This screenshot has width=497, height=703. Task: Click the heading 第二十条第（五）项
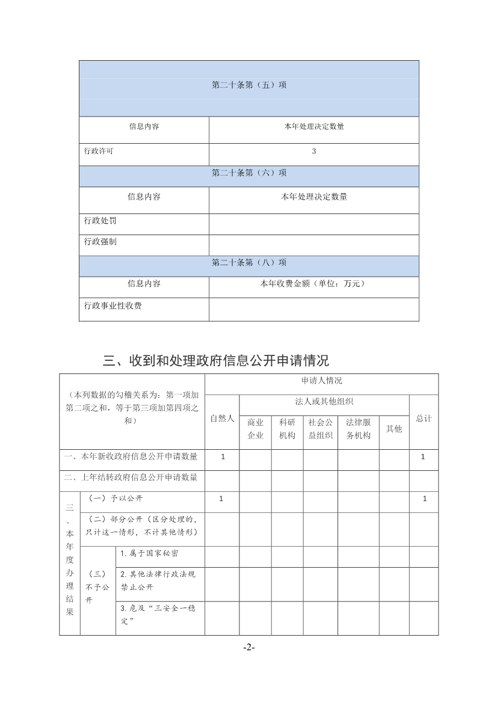(x=248, y=85)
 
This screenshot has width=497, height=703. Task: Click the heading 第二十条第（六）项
(x=248, y=173)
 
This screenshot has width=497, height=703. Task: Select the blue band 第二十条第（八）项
(x=248, y=263)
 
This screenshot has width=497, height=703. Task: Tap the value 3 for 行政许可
(x=313, y=152)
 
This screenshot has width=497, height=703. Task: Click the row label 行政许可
(x=99, y=152)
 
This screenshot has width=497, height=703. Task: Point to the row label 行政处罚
(x=100, y=221)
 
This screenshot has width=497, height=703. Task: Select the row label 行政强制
(x=100, y=242)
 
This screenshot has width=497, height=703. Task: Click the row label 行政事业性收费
(x=113, y=306)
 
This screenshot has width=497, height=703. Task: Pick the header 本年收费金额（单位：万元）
(x=313, y=284)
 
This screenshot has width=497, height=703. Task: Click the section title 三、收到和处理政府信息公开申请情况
(x=216, y=361)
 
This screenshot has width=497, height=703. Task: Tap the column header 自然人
(x=222, y=419)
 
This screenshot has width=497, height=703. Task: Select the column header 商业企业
(x=255, y=429)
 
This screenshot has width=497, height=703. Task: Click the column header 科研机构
(x=287, y=429)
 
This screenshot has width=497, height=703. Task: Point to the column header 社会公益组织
(x=320, y=429)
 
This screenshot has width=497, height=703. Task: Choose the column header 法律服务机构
(x=358, y=429)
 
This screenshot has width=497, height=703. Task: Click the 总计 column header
(x=424, y=419)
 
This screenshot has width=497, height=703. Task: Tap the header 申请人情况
(x=321, y=381)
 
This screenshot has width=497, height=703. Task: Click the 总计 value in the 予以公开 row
(x=424, y=499)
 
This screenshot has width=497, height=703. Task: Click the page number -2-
(x=248, y=648)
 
